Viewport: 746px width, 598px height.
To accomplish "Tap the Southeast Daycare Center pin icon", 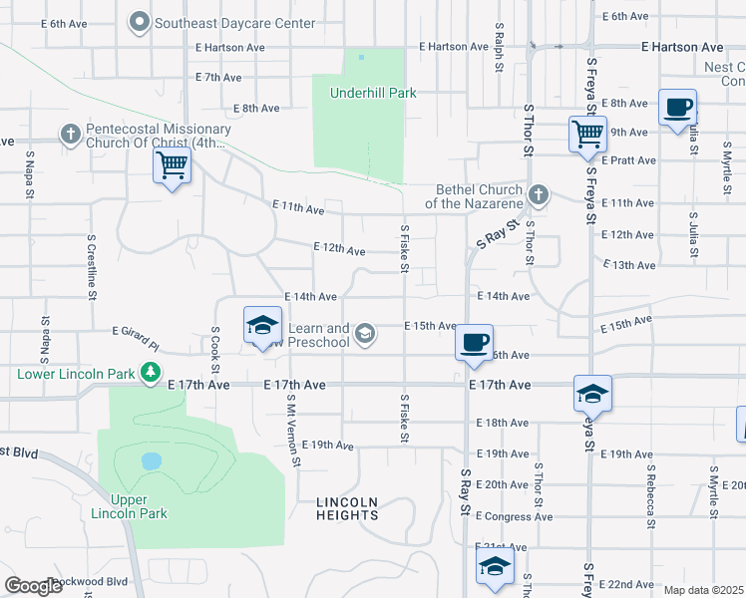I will (x=140, y=22).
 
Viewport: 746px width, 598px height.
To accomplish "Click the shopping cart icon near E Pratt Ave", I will (x=587, y=133).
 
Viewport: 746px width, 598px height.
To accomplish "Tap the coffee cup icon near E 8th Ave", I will (x=677, y=107).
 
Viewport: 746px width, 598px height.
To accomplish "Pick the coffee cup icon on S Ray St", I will (x=475, y=343).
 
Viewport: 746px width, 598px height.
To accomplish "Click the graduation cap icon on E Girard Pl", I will (x=262, y=325).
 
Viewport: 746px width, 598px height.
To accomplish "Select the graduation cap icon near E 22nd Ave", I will (x=495, y=568).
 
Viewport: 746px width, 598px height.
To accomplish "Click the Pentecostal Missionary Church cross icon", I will (x=70, y=133).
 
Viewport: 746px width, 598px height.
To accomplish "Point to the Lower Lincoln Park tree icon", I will (x=151, y=374).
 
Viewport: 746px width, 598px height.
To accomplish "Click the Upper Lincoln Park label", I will (x=130, y=506).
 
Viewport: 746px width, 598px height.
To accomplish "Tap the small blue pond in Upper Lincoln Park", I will (x=151, y=461).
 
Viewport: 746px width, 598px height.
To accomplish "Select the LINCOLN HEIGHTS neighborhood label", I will (x=347, y=508).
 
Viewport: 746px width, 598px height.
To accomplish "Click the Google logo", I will (x=34, y=586).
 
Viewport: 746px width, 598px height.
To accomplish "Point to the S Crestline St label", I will (x=91, y=266).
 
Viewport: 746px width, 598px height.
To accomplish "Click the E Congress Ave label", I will (x=514, y=516).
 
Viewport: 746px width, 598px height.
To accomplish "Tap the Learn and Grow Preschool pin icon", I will (x=365, y=333).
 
